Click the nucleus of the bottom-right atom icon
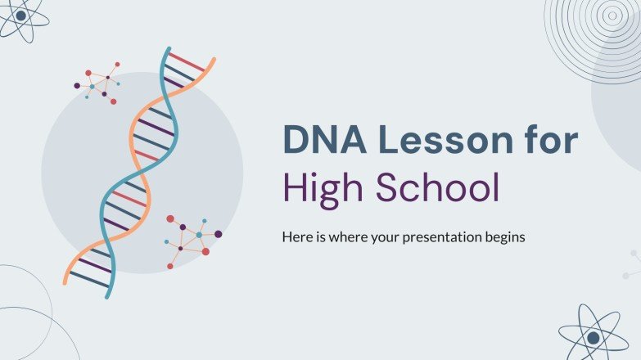coord(593,336)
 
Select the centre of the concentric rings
coord(610,14)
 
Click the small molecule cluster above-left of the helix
coord(97,82)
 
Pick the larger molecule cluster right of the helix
coord(193,240)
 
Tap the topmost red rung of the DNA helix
coord(187,62)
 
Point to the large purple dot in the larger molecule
coord(219,234)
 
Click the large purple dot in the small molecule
coord(77,85)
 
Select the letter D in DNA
coord(296,140)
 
